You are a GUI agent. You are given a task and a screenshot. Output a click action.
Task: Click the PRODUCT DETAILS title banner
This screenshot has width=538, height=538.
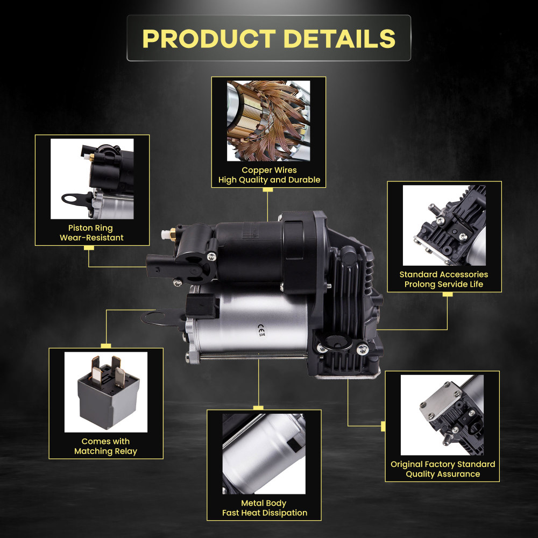coord(269,38)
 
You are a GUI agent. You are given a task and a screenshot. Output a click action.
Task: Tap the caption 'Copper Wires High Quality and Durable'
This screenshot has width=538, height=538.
coord(269,175)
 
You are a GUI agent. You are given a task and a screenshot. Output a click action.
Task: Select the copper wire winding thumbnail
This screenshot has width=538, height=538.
coord(268,120)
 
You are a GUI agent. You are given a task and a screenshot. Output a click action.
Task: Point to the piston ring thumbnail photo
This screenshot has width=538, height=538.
coord(92,179)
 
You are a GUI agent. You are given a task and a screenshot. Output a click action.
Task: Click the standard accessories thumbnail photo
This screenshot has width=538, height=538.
coord(444,225)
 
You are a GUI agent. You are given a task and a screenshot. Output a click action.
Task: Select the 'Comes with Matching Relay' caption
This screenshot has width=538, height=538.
coord(105,446)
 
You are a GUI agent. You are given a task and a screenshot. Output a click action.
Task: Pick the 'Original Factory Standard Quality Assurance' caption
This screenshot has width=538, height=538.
coord(443,469)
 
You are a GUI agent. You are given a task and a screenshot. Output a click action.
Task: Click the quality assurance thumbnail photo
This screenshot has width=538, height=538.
coord(442,415)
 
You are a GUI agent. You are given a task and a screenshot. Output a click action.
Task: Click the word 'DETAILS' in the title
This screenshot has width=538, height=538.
coord(339,38)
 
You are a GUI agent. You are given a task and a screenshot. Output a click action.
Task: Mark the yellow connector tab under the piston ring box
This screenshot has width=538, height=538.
coord(89,248)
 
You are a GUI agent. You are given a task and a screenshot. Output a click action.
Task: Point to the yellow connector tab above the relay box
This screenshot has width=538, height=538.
coord(106,345)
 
